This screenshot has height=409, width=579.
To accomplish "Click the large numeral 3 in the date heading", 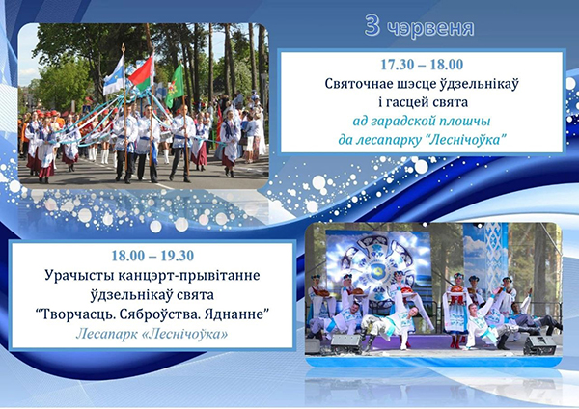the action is pos(372,26).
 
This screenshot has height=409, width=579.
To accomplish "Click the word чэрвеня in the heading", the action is pos(431,28).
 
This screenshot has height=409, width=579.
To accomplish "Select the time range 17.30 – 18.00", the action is pos(422,65).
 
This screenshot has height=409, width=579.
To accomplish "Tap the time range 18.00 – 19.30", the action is pos(152,256).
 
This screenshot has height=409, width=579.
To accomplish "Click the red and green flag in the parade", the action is pos(141,73).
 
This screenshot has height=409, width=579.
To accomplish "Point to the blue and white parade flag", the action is pos(114,76).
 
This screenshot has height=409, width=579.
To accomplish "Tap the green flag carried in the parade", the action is pos(175,87).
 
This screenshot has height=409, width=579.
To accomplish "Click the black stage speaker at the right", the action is pos(539,345).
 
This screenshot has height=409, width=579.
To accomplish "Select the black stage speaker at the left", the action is pos(345,344).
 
